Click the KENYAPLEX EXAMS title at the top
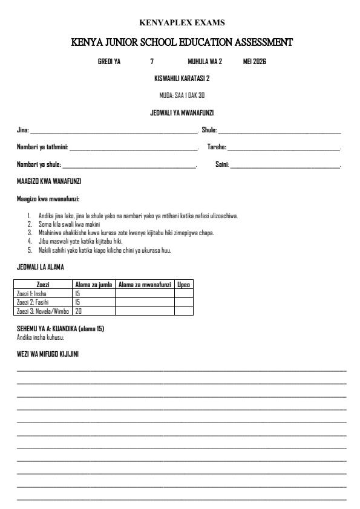click(x=182, y=23)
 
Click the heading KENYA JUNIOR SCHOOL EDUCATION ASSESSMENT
click(x=182, y=42)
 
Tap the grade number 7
click(x=152, y=62)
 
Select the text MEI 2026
click(x=254, y=62)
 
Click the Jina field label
click(x=22, y=130)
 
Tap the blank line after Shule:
click(x=280, y=131)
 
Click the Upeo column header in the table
click(x=183, y=284)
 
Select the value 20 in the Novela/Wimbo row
click(x=78, y=311)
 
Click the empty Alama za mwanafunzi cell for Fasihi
click(x=145, y=302)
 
